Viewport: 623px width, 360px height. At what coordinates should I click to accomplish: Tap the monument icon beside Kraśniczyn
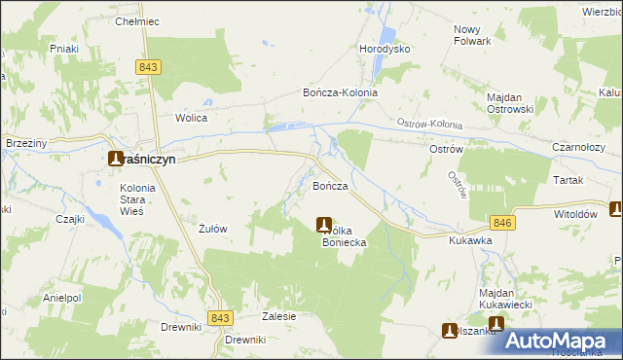[115, 159]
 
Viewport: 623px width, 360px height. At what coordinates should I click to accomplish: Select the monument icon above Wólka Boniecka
[324, 225]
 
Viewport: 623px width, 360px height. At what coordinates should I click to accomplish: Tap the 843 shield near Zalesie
[221, 318]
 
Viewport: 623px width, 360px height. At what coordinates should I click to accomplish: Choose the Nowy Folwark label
[473, 35]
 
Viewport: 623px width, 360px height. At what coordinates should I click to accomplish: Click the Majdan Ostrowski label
[512, 104]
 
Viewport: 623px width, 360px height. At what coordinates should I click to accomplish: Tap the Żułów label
[212, 230]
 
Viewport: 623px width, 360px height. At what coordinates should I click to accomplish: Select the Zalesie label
[278, 316]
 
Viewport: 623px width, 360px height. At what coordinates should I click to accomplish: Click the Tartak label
[566, 181]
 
